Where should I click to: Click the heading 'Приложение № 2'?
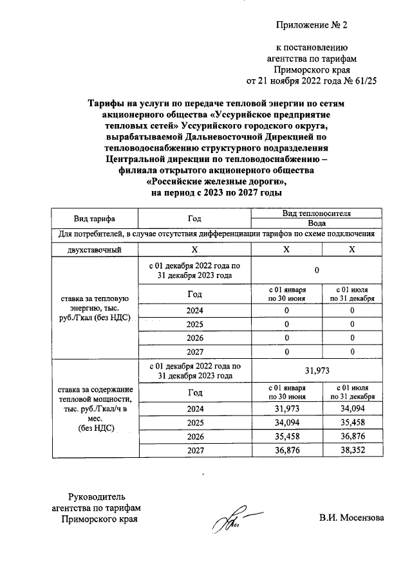311,26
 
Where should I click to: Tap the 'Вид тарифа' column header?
95,218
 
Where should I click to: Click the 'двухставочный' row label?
95,250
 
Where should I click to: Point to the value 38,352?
352,451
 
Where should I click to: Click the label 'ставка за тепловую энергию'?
95,308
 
